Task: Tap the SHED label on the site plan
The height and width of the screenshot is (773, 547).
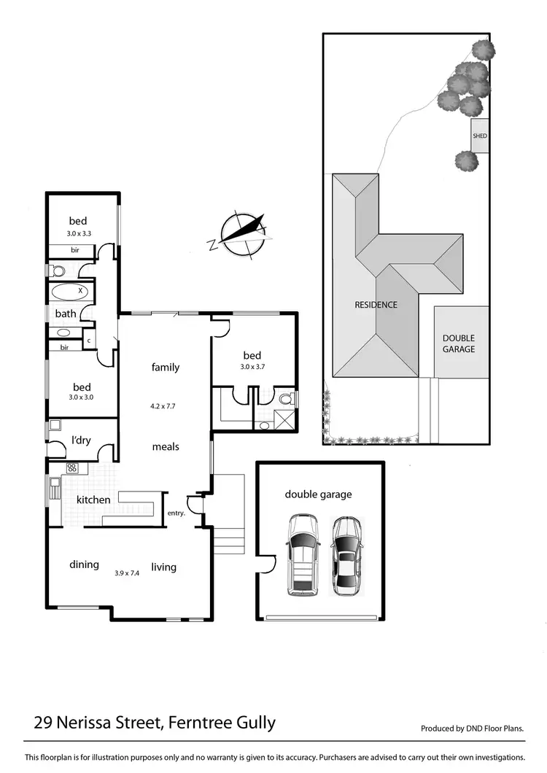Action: [479, 136]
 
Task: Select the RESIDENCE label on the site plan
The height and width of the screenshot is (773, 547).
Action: [376, 305]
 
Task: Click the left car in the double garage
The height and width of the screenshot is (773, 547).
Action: [302, 554]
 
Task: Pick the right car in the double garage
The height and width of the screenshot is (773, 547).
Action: [346, 556]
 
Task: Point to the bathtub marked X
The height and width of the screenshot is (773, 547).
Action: [69, 292]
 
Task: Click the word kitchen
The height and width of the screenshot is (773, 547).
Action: [93, 500]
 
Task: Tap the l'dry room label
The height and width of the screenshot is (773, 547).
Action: [80, 440]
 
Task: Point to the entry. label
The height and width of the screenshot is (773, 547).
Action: [176, 513]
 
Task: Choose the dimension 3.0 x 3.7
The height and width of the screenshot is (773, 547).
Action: [252, 367]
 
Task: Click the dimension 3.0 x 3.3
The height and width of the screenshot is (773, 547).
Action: [78, 234]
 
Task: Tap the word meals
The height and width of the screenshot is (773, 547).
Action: [166, 446]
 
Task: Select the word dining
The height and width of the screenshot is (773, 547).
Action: [84, 564]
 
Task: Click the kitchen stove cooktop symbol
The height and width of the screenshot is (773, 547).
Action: [72, 469]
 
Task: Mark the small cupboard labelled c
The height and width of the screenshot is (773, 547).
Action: [89, 341]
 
